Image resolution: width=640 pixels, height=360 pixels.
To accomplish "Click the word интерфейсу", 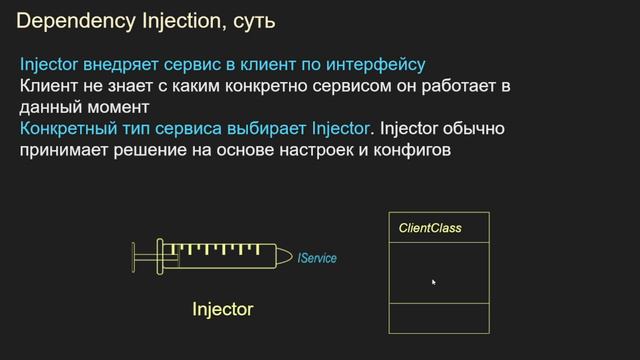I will (x=376, y=65).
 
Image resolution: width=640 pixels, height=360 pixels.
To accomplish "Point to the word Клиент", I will (x=49, y=86).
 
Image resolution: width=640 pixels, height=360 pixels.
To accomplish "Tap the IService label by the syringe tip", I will (x=317, y=258).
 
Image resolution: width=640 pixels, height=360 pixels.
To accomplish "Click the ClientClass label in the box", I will (x=430, y=229).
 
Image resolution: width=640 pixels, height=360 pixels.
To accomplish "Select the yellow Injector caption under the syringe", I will (x=222, y=310).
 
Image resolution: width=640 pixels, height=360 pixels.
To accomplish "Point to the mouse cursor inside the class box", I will (x=433, y=282).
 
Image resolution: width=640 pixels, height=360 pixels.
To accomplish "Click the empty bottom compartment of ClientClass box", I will (x=438, y=317).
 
